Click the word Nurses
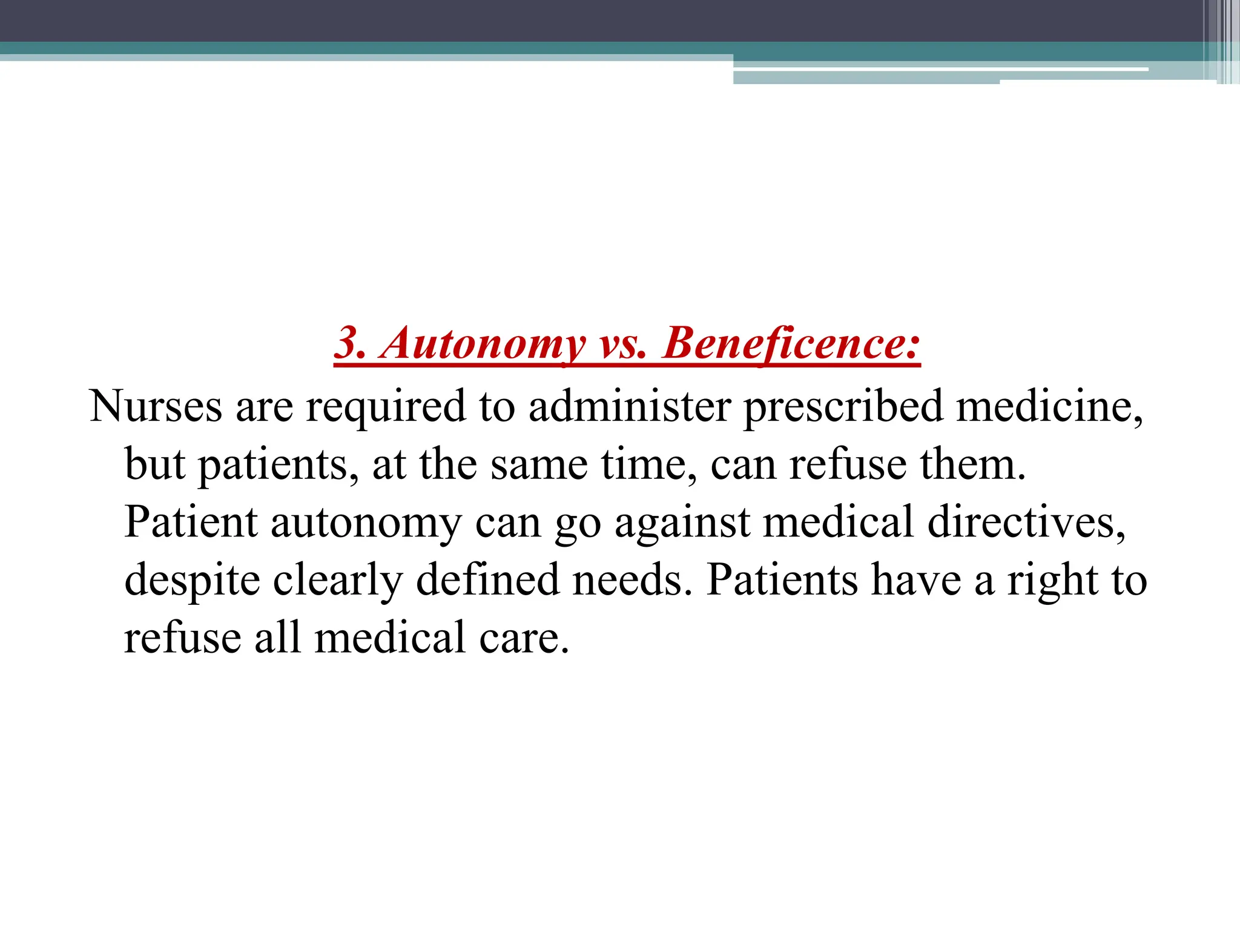tap(156, 406)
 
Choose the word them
tap(972, 464)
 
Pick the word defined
tap(487, 579)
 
